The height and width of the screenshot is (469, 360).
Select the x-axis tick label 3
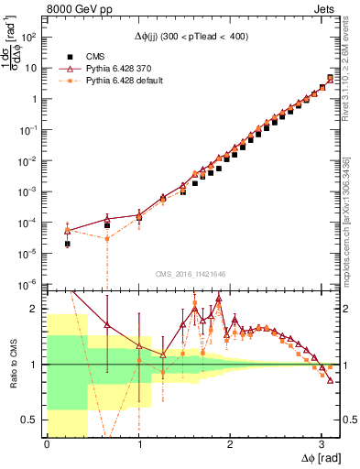322,446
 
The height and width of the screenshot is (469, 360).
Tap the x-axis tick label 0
47,446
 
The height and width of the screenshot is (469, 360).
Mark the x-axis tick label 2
230,446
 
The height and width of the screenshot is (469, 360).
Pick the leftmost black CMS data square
67,244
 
